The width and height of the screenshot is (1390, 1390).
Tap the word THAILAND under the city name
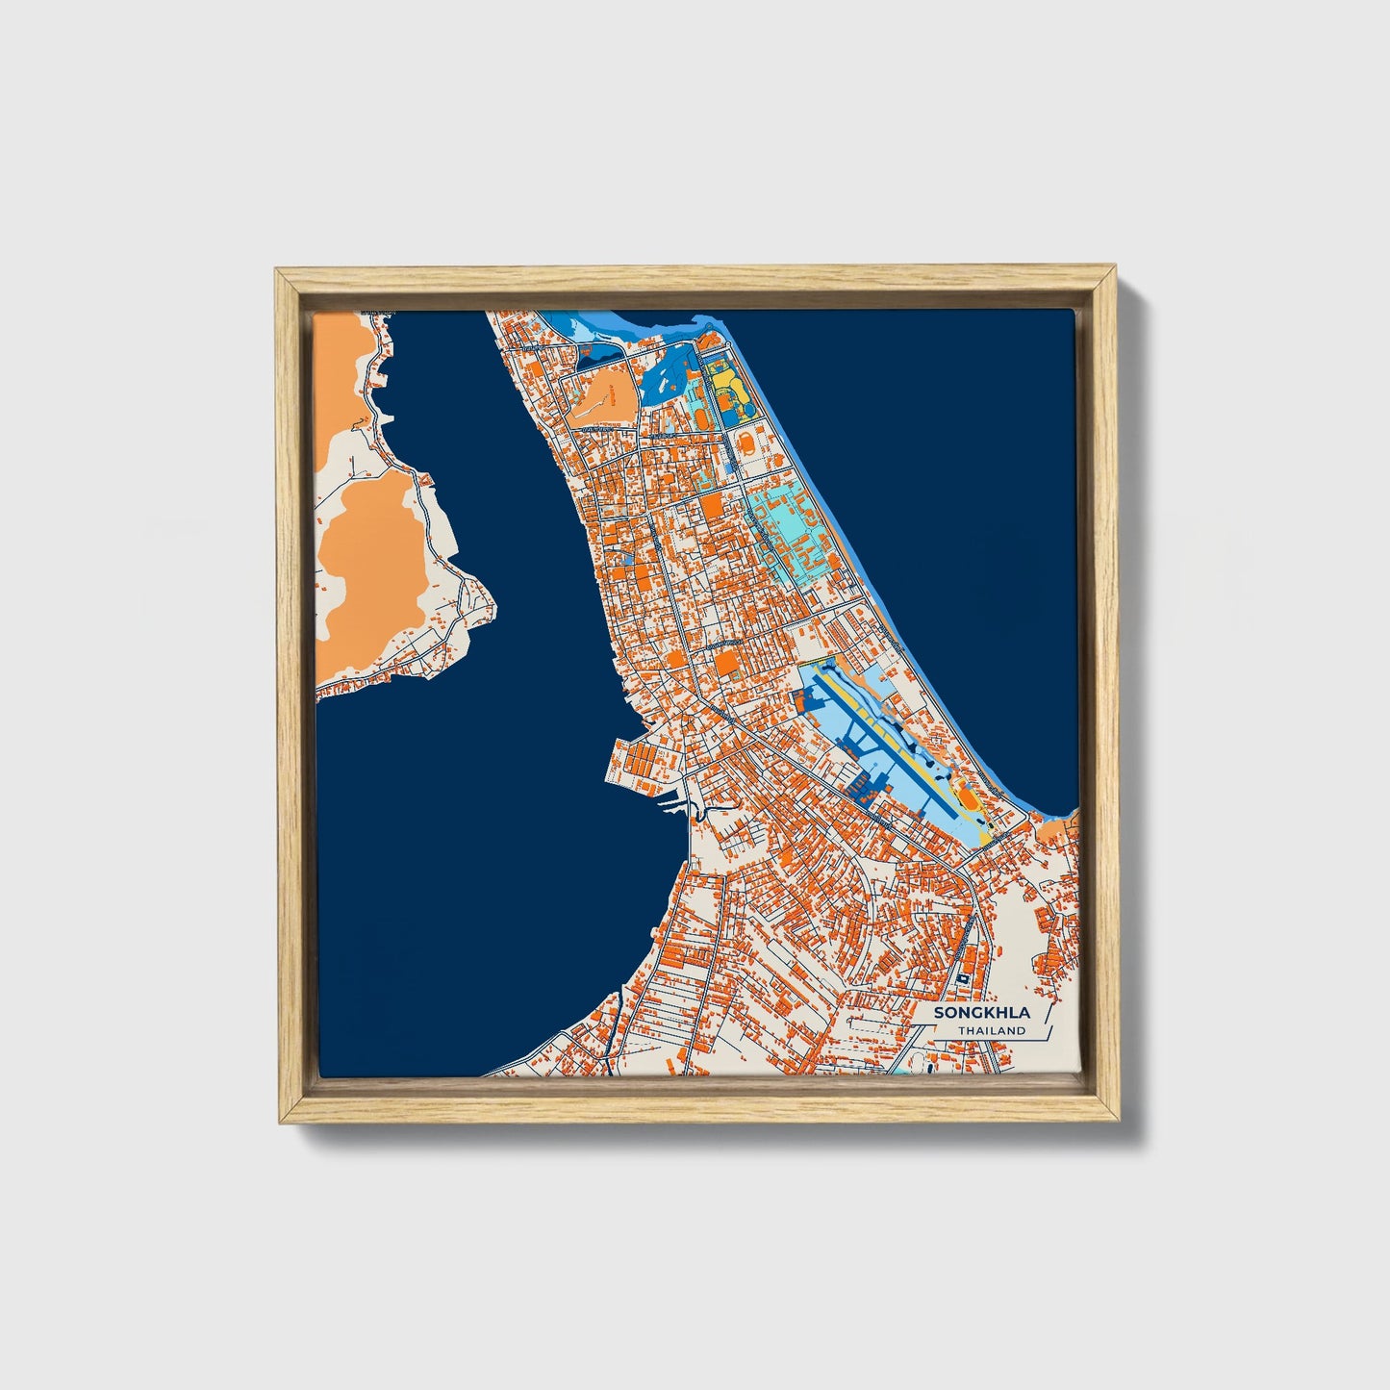pyautogui.click(x=991, y=1031)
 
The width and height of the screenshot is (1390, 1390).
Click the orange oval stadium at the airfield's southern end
pyautogui.click(x=968, y=799)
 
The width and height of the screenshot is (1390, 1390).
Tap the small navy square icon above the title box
pyautogui.click(x=962, y=977)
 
